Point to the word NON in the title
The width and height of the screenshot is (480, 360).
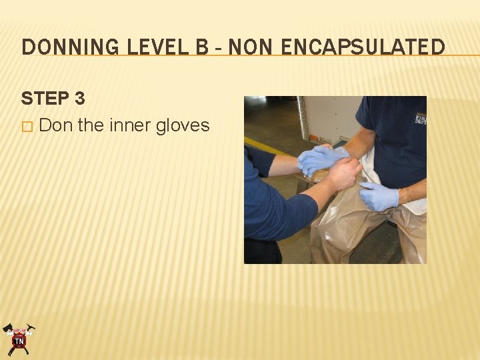coord(249,47)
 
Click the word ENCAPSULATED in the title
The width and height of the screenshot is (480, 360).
coord(363,47)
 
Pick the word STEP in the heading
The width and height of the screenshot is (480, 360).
coord(43,99)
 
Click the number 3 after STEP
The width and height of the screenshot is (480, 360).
coord(79,99)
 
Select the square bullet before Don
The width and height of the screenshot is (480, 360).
coord(27,126)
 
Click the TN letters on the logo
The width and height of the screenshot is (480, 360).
coord(19,342)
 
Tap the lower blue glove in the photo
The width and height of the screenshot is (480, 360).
coord(379,195)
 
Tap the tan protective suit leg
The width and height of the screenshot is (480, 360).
coord(347,230)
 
